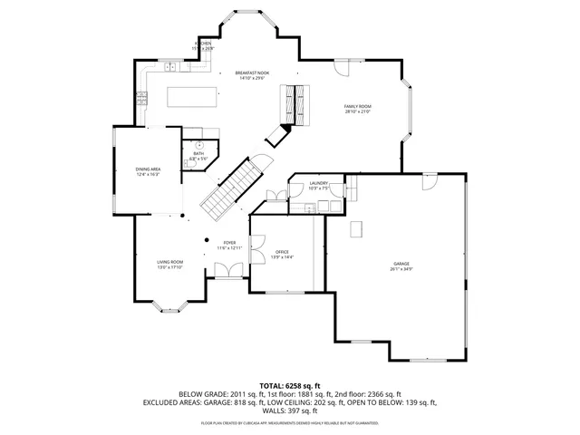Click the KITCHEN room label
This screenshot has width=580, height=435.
[x=204, y=43]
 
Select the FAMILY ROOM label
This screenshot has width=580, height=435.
[x=357, y=107]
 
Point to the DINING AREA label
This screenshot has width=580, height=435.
[x=148, y=169]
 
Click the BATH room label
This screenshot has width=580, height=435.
[x=198, y=154]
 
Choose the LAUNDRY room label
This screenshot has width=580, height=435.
[x=318, y=184]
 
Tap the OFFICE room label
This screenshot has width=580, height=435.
[x=282, y=253]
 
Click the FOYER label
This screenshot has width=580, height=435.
[x=230, y=243]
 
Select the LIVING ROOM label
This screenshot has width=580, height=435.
[x=170, y=262]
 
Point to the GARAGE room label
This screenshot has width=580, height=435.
[x=401, y=264]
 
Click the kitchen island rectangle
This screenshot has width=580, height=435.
[x=190, y=96]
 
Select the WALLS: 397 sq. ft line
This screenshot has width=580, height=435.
[x=289, y=411]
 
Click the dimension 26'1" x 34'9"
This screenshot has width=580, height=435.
[x=401, y=269]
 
